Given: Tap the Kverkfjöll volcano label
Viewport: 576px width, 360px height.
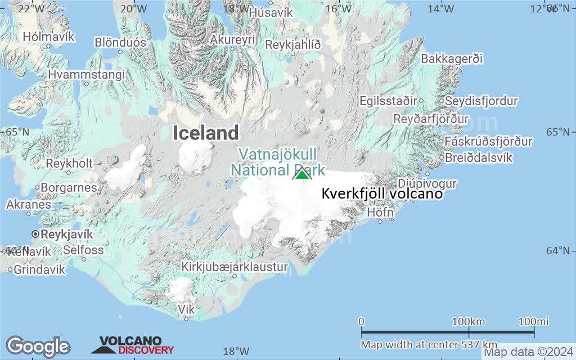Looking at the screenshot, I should (x=382, y=194).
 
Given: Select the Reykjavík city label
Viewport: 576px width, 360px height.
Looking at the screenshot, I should (x=66, y=234).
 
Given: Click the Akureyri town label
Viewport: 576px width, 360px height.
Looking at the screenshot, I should (x=232, y=40).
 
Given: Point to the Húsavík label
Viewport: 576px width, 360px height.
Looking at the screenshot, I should (x=271, y=12).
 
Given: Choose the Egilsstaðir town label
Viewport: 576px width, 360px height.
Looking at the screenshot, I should (x=389, y=101).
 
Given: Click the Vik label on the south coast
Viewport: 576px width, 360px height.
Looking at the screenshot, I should (x=186, y=309).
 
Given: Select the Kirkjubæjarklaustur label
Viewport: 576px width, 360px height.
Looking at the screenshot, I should (x=234, y=267).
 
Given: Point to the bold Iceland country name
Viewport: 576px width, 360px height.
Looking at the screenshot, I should (x=205, y=133).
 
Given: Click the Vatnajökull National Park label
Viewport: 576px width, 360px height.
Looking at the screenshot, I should (x=277, y=162).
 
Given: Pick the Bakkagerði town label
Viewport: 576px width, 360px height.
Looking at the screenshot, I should (x=452, y=58).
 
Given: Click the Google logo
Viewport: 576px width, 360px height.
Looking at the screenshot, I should (x=38, y=346).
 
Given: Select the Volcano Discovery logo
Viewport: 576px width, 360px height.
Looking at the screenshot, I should (x=133, y=345).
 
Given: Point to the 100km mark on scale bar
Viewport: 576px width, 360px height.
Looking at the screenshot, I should (x=469, y=322).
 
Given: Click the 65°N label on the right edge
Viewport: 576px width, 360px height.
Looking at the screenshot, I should (x=557, y=132).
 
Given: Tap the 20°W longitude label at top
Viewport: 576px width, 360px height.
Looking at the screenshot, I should (x=134, y=8).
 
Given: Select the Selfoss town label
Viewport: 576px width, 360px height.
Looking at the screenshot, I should (x=83, y=250).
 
